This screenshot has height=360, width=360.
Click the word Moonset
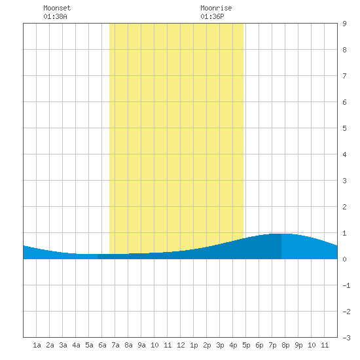tap(57, 8)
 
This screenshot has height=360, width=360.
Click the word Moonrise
tap(216, 8)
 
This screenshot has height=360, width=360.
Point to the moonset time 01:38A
tap(55, 16)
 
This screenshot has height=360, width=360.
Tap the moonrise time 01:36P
tap(212, 16)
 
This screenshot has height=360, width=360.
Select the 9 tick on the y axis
tap(344, 24)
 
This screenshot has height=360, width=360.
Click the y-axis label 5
tap(344, 128)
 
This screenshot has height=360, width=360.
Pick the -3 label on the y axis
tap(346, 338)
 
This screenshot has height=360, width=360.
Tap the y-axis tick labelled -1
tap(346, 285)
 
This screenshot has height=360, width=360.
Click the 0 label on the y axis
tap(344, 259)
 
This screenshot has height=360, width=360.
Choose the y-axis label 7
tap(344, 76)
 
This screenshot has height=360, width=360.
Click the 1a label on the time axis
tap(37, 345)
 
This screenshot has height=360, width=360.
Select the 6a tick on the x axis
tap(102, 345)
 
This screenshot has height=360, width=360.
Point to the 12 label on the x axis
tap(181, 345)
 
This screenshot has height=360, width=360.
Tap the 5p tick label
tap(246, 345)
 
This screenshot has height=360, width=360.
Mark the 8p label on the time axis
tap(285, 345)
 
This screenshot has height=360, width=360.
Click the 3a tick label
tap(63, 345)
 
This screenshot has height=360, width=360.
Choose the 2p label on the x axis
tap(207, 345)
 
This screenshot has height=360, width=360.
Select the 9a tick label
tap(141, 345)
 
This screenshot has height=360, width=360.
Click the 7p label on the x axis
tap(272, 345)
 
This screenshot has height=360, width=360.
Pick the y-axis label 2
tap(344, 207)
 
